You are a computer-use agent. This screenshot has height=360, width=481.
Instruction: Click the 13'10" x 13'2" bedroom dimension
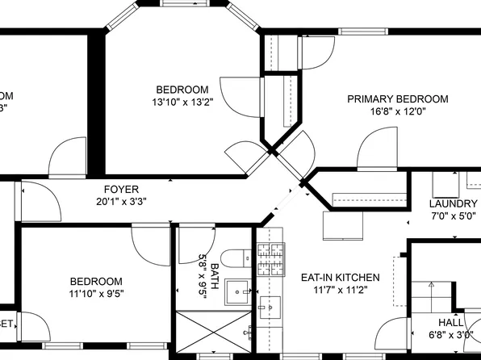[182, 103]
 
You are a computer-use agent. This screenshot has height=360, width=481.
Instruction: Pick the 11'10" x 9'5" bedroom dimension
[95, 294]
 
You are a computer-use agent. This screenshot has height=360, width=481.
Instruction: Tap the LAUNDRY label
[453, 204]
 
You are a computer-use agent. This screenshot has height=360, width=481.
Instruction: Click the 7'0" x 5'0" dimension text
[453, 216]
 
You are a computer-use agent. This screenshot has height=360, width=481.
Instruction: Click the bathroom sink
[238, 291]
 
